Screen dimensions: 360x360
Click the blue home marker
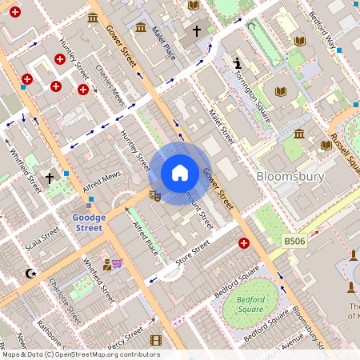point(180,173)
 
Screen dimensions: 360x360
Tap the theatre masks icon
point(156,193)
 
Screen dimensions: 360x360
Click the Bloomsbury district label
point(290,176)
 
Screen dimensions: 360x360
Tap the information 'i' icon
point(237,62)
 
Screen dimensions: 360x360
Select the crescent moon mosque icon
point(31,274)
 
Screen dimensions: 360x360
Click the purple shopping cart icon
point(117,262)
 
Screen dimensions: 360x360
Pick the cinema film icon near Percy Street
point(155,340)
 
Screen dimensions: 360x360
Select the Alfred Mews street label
point(102,180)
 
